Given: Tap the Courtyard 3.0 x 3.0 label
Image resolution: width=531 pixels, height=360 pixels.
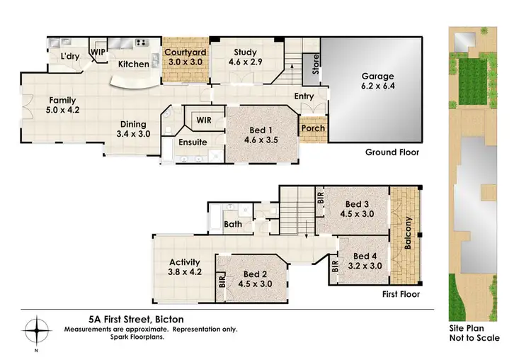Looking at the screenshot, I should pyautogui.click(x=184, y=57).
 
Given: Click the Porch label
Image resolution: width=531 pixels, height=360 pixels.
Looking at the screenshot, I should pyautogui.click(x=312, y=129).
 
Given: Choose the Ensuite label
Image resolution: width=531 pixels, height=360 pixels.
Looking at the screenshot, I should pyautogui.click(x=193, y=142).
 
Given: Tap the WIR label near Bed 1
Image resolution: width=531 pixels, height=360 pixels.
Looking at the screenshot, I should pyautogui.click(x=204, y=120).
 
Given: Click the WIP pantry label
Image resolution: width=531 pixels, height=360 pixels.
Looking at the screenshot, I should pyautogui.click(x=97, y=52).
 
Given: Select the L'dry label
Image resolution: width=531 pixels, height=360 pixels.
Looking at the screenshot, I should pyautogui.click(x=69, y=56).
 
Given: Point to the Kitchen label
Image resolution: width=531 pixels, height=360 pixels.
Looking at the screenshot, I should pyautogui.click(x=133, y=64).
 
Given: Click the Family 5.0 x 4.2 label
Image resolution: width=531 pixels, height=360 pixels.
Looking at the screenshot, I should pyautogui.click(x=62, y=106).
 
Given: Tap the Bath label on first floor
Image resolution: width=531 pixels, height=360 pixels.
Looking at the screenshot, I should pyautogui.click(x=233, y=225).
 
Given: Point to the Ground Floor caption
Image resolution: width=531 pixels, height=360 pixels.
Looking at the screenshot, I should pyautogui.click(x=392, y=152).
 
